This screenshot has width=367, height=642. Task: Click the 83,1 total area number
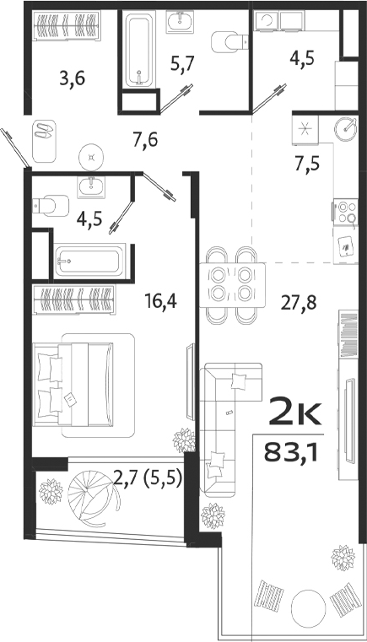pyautogui.click(x=293, y=455)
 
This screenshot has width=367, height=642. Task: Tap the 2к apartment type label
pyautogui.click(x=293, y=413)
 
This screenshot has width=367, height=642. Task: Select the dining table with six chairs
pyautogui.click(x=230, y=284)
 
